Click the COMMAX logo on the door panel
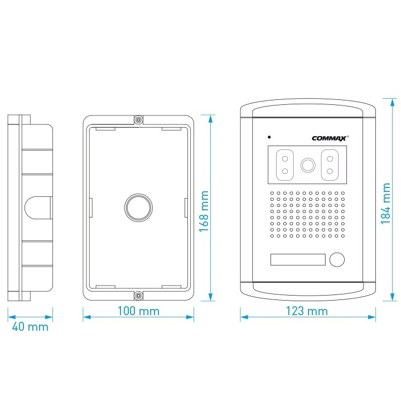pyautogui.click(x=330, y=138)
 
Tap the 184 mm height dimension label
pyautogui.click(x=386, y=204)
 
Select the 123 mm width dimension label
pyautogui.click(x=307, y=311)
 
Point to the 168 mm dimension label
pyautogui.click(x=204, y=211)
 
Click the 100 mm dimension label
pyautogui.click(x=138, y=311)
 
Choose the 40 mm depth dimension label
pyautogui.click(x=30, y=327)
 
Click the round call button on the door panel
pyautogui.click(x=337, y=259)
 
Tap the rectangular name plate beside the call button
pyautogui.click(x=298, y=259)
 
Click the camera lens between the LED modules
pyautogui.click(x=308, y=165)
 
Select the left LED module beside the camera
pyautogui.click(x=284, y=165)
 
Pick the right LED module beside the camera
pyautogui.click(x=330, y=165)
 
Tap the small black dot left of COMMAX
pyautogui.click(x=269, y=137)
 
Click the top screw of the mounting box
pyautogui.click(x=138, y=120)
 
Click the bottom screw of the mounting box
pyautogui.click(x=138, y=296)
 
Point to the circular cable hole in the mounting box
pyautogui.click(x=138, y=207)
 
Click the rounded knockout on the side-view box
pyautogui.click(x=38, y=207)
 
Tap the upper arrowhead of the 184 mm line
pyautogui.click(x=392, y=102)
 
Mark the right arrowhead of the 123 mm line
pyautogui.click(x=371, y=317)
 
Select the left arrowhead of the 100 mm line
pyautogui.click(x=87, y=317)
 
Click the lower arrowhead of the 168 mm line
pyautogui.click(x=210, y=297)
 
